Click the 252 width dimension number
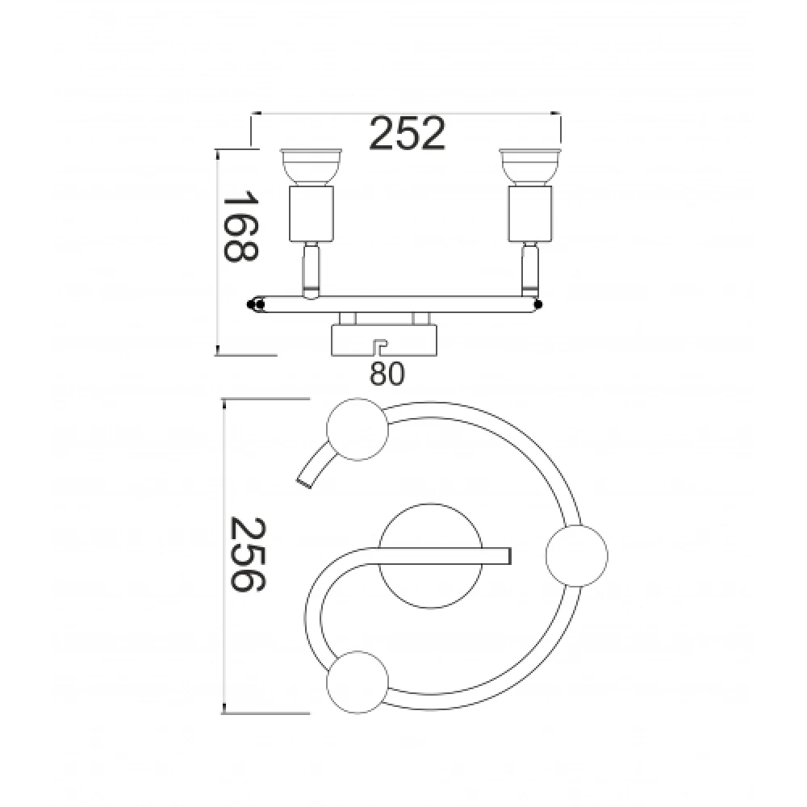pos(407,134)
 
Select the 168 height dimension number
pos(240,227)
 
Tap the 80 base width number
pos(387,374)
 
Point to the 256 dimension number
pos(248,555)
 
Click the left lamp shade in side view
pos(311,167)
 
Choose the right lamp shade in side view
pos(530,167)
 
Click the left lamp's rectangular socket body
pos(311,214)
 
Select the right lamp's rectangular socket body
pos(530,214)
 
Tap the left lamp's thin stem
pos(311,270)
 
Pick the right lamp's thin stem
pos(530,270)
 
